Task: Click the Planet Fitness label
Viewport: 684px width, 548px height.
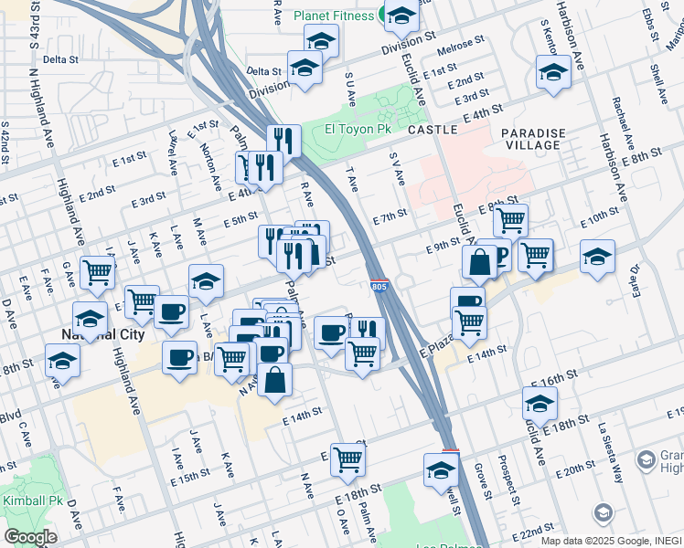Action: [333, 16]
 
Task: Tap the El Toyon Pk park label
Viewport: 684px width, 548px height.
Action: [358, 130]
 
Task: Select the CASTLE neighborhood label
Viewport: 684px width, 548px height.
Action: [433, 130]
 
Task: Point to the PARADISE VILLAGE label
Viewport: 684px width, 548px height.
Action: [531, 139]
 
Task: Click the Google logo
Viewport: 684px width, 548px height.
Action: [30, 536]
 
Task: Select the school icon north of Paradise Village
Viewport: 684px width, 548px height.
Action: [553, 71]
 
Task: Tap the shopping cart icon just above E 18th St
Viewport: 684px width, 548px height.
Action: [347, 460]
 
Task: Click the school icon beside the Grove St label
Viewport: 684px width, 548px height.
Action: [441, 469]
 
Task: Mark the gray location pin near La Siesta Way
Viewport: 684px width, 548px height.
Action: [603, 512]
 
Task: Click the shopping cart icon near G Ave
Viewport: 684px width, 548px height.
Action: [97, 270]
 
